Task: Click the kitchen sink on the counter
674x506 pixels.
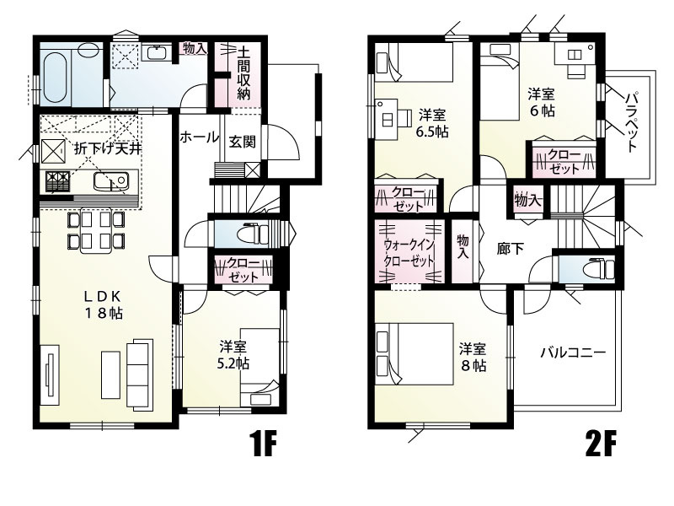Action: [x=110, y=180]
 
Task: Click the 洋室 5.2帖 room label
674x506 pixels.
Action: [x=233, y=355]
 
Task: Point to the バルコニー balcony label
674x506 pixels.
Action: [x=573, y=353]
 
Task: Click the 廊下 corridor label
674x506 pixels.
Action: [x=510, y=250]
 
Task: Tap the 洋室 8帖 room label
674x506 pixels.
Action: [x=472, y=357]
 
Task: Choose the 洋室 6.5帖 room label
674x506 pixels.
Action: [x=431, y=123]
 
